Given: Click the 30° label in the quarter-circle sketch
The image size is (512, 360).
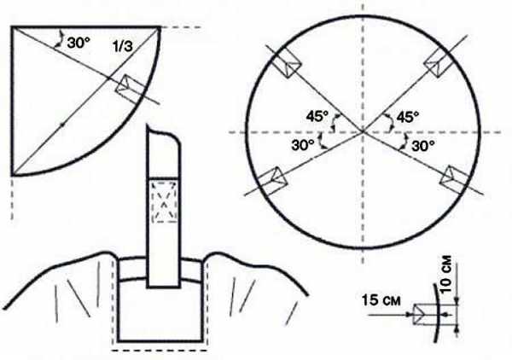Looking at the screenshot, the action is (79, 43).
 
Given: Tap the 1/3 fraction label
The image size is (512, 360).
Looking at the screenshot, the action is (123, 46).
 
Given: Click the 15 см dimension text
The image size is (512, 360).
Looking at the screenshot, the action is (381, 300).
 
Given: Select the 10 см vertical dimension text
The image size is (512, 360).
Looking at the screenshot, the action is (446, 274).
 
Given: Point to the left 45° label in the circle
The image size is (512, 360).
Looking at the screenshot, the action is (317, 116).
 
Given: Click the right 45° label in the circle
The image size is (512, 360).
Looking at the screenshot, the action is (408, 117).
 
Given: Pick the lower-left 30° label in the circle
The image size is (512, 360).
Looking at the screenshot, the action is (303, 145).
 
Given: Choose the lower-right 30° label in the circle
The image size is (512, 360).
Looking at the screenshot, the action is (423, 146).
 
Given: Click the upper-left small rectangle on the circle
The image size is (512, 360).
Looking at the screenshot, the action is (286, 64).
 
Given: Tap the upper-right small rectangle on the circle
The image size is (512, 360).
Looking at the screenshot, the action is (439, 64).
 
